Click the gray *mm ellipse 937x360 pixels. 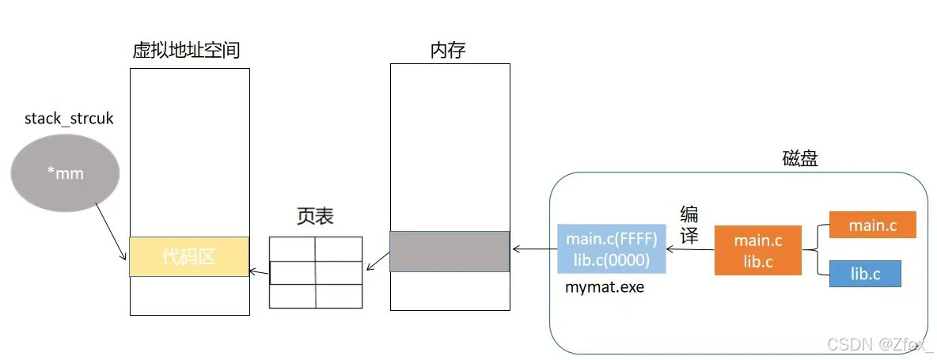click(65, 173)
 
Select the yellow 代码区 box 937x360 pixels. click(189, 256)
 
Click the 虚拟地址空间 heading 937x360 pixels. click(186, 51)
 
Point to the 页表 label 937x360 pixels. click(315, 216)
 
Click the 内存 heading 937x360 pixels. click(448, 51)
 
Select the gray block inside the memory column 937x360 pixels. click(450, 252)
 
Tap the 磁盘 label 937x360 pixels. click(800, 159)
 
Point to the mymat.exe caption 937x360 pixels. click(605, 287)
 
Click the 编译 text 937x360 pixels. click(689, 225)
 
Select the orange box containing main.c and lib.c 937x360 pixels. click(757, 251)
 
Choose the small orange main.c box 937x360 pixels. click(872, 225)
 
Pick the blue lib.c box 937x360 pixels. click(865, 274)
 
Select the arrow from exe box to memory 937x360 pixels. click(533, 249)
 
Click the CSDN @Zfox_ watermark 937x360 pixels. click(880, 344)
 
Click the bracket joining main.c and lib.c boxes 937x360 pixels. click(815, 250)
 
